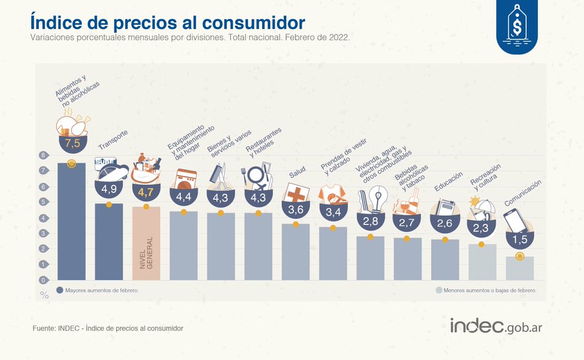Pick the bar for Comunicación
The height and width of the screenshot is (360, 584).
tap(519, 269)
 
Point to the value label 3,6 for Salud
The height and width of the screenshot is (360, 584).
tap(295, 210)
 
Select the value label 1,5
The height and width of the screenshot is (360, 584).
tap(519, 240)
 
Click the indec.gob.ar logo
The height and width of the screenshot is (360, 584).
tap(496, 326)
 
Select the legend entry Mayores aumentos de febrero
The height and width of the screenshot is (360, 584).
tap(97, 291)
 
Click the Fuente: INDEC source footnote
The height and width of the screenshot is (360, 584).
tap(108, 329)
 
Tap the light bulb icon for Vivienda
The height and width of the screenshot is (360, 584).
tap(378, 196)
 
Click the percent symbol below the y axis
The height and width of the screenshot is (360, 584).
tap(44, 295)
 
